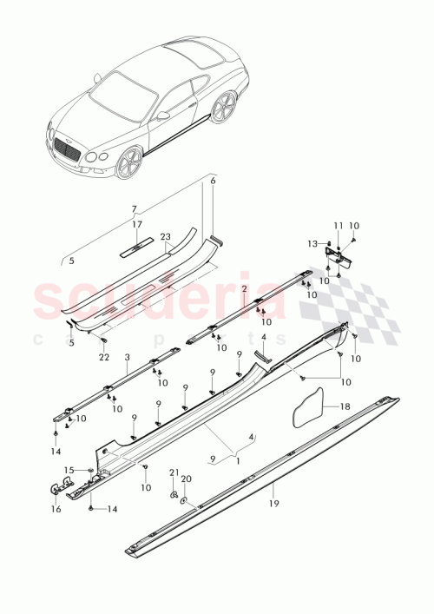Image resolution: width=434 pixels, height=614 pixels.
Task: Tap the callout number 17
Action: [x=136, y=225]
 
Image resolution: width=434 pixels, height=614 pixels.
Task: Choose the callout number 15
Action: [x=70, y=470]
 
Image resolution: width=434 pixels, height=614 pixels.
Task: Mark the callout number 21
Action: [x=173, y=472]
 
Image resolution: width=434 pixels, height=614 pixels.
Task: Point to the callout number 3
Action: [x=127, y=357]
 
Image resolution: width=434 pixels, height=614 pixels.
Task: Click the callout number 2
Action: [x=245, y=288]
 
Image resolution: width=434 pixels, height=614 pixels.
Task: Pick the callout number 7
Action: [x=135, y=209]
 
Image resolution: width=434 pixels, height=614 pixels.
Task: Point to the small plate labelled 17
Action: [x=137, y=246]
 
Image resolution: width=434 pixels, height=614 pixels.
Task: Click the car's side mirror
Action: [x=162, y=115]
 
